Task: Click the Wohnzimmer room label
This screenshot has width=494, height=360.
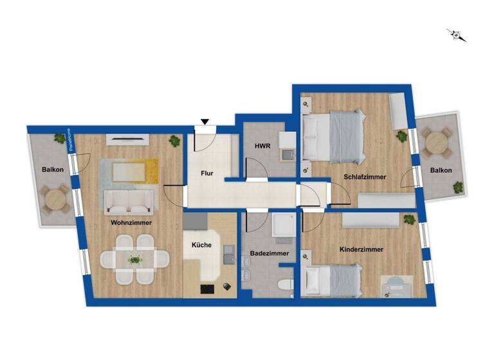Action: [131, 222]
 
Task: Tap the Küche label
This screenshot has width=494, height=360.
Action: [201, 245]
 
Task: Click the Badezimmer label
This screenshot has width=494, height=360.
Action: [269, 253]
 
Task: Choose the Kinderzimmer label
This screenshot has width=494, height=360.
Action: [361, 249]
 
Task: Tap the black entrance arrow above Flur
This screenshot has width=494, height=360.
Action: [205, 122]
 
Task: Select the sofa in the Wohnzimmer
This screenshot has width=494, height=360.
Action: [129, 201]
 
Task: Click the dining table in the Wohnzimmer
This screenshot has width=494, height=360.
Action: [135, 260]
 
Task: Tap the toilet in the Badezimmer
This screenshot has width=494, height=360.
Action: [285, 283]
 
